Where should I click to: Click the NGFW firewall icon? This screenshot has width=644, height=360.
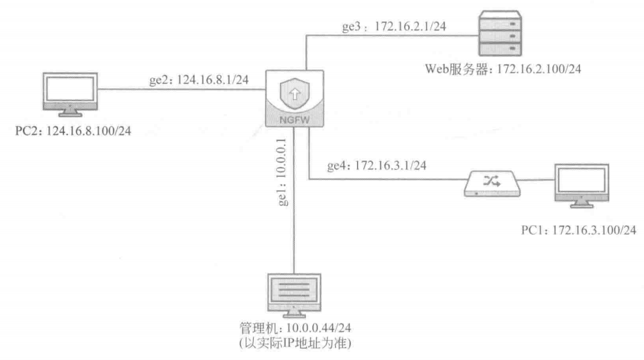(x=294, y=98)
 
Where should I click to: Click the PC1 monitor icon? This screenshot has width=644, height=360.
(x=579, y=186)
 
